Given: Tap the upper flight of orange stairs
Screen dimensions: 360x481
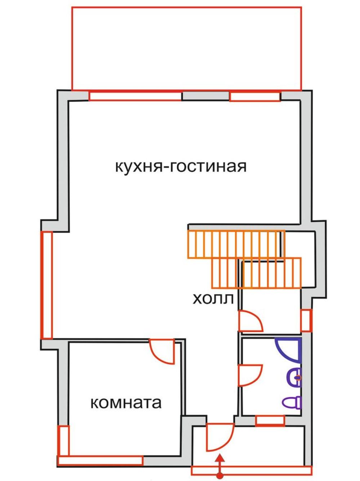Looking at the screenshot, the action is tap(236, 244).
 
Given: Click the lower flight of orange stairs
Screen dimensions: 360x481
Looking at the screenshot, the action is tap(256, 273).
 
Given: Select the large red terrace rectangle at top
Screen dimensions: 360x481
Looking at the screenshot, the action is tap(187, 49).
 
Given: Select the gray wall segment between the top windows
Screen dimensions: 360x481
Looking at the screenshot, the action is tap(206, 96).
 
